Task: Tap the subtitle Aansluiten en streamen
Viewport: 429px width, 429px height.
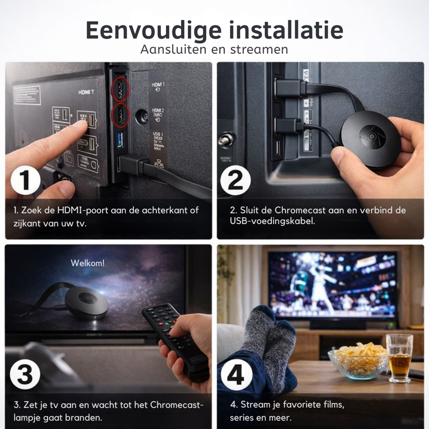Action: (x=214, y=49)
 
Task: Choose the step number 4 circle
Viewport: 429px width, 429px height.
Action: (x=235, y=374)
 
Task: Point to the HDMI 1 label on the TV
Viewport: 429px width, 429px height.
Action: (x=157, y=87)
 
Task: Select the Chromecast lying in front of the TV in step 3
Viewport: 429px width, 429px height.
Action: (x=86, y=302)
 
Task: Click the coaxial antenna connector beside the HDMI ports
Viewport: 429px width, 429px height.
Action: (x=142, y=116)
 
